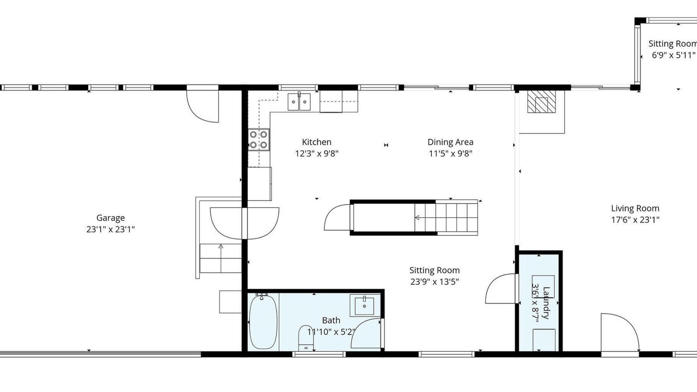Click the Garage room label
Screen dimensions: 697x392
pos(111,218)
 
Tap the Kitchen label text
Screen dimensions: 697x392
pos(316,142)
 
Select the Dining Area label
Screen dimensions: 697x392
pos(450,142)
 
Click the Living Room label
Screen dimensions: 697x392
pos(635,209)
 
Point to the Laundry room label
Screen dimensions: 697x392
pos(546,303)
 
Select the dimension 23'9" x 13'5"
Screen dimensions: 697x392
pos(435,282)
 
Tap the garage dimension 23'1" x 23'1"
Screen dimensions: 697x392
pos(111,230)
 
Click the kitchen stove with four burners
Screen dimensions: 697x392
pos(259,140)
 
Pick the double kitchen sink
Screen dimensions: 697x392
pos(299,101)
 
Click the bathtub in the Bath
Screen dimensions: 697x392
pos(263,322)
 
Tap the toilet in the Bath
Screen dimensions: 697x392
pos(307,338)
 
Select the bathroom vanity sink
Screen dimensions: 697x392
pos(365,305)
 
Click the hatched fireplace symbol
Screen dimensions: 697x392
pos(541,101)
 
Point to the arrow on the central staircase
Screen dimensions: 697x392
pos(417,217)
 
